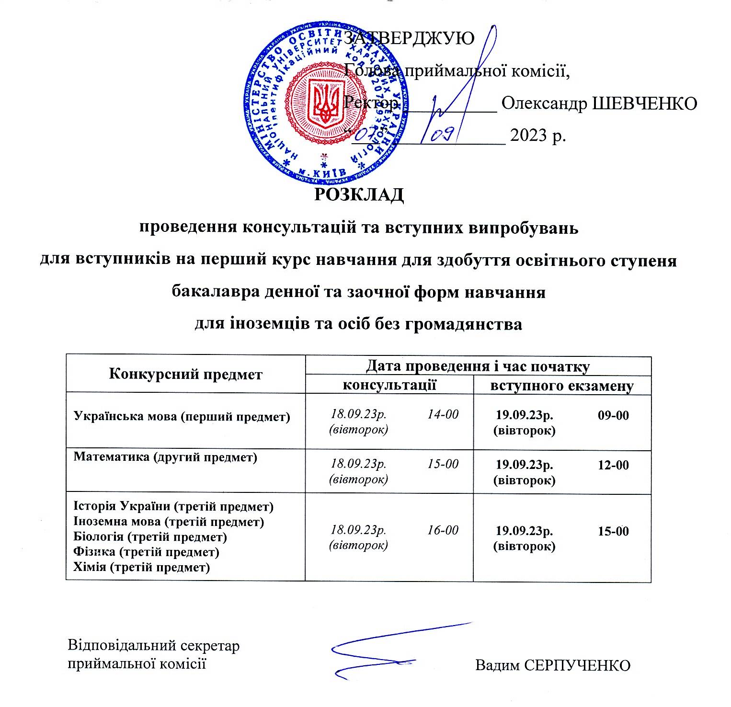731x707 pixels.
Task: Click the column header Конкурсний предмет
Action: pos(186,374)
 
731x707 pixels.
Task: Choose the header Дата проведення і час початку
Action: pos(478,366)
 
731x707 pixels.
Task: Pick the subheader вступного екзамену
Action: pos(562,386)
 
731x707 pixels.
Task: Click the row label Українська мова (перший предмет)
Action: pos(182,416)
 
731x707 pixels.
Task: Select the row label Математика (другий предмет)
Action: pos(166,456)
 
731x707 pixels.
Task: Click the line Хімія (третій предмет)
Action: pos(141,568)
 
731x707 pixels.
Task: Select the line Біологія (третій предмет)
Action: pos(150,537)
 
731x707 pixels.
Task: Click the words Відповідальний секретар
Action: pos(154,645)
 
